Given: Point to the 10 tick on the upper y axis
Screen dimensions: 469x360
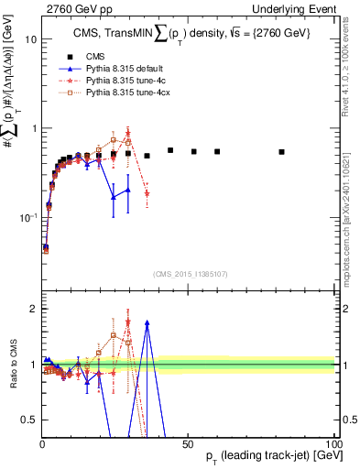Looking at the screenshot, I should [27, 40].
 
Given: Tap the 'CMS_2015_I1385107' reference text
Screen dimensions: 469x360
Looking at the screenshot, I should [188, 274].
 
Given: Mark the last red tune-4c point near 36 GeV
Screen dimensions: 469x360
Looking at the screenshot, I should [147, 193].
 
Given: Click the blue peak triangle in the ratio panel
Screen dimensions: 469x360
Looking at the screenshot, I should [147, 323].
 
